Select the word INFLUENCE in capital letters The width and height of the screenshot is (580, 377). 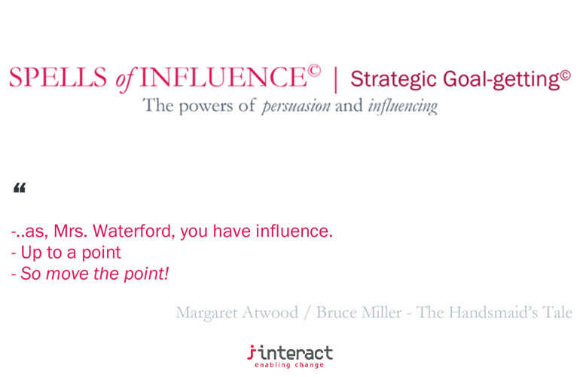pos(222,78)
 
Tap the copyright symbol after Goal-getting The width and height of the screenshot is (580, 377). pos(565,74)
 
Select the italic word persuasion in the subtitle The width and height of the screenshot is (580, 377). pos(295,106)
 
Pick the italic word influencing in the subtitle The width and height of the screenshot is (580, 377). pos(402,106)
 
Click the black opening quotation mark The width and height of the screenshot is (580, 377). pos(20,188)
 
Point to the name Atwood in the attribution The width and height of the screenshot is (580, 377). pos(276,312)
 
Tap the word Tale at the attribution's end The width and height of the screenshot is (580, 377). pos(557,312)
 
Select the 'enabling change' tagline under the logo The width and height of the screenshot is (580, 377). pos(289,365)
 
